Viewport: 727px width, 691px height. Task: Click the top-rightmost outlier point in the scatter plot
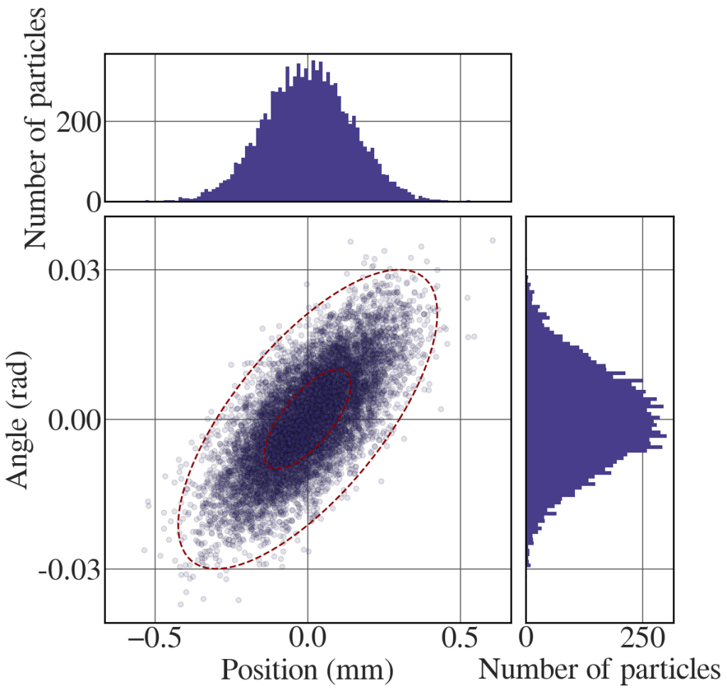492,240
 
